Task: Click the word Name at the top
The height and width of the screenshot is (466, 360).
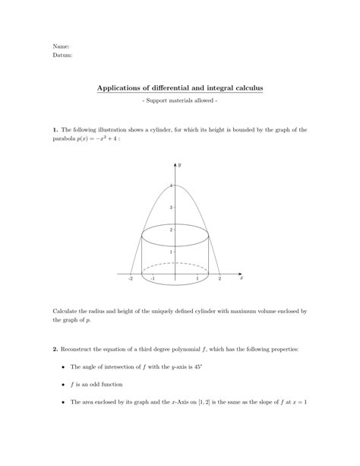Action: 60,46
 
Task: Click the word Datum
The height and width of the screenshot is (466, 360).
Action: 62,55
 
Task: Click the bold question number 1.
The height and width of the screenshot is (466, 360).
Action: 55,130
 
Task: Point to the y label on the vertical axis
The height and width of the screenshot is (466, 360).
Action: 180,163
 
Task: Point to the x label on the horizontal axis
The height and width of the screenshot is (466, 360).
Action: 241,278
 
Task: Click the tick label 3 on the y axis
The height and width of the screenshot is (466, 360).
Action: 172,207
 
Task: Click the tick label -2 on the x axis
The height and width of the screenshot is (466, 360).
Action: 131,279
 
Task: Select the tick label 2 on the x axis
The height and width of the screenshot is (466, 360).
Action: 219,279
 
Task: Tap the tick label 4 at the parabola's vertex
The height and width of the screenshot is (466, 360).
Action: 172,185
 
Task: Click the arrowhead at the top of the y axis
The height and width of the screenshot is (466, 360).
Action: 175,163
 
